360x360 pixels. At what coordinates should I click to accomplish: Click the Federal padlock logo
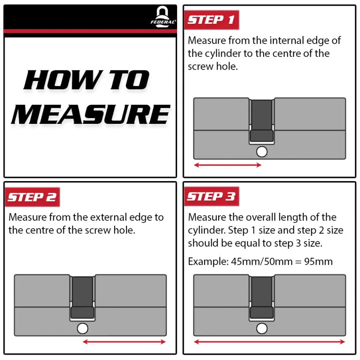coord(163,17)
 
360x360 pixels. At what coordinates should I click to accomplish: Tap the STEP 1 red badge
coord(212,20)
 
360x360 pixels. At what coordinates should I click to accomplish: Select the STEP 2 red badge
coord(32,197)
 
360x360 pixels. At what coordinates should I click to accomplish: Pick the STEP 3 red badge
coord(212,197)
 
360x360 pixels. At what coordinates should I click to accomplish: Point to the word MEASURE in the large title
coord(91,114)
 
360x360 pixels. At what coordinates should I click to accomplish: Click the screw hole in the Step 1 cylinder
coord(262,152)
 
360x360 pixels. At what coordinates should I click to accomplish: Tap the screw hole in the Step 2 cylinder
coord(83,329)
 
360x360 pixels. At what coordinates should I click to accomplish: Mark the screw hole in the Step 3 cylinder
coord(262,329)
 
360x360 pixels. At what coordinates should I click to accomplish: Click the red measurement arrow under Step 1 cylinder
coord(228,165)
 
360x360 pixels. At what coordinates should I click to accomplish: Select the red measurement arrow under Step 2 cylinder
coord(124,342)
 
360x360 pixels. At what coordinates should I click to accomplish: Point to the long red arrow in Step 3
coord(270,342)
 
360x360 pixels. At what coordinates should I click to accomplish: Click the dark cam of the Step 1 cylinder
coord(262,121)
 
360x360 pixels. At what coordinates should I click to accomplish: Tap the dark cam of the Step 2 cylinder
coord(82,297)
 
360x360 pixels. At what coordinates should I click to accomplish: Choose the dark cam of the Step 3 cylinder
coord(262,297)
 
